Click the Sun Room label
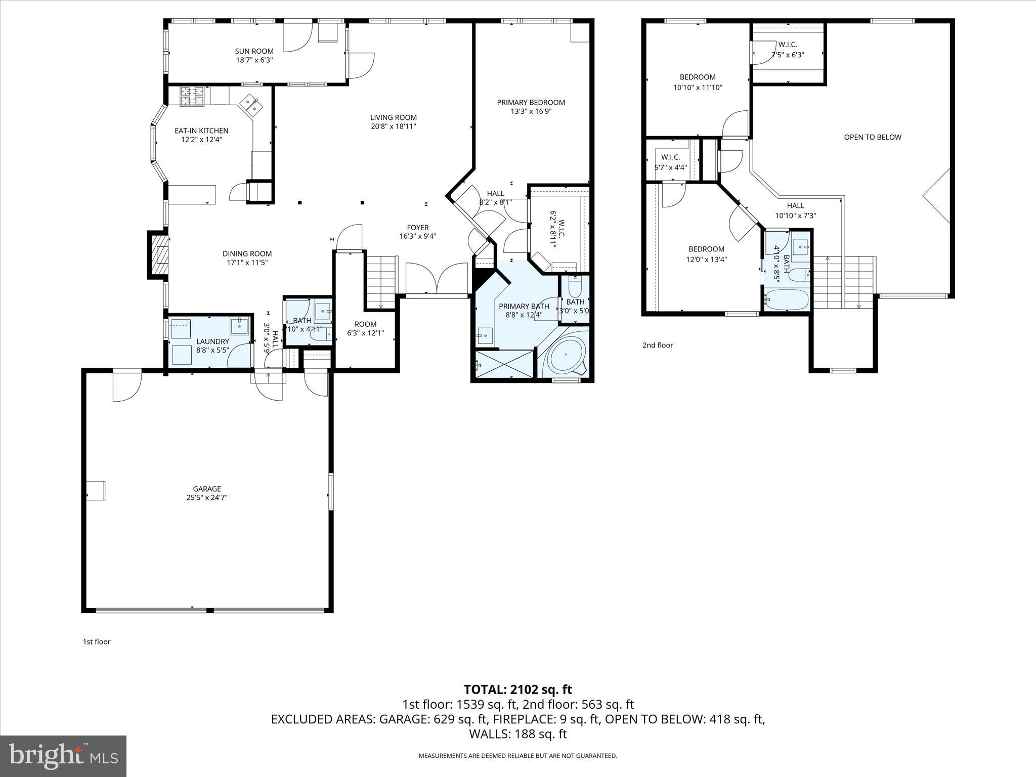tap(254, 51)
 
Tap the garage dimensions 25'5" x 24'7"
tap(206, 497)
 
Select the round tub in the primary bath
tap(567, 355)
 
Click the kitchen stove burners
tap(193, 96)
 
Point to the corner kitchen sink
tap(251, 106)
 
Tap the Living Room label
tap(393, 117)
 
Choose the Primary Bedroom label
tap(531, 102)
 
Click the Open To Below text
tap(872, 137)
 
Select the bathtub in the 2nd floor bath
tap(787, 299)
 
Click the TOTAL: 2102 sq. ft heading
tap(517, 689)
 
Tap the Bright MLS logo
tap(63, 756)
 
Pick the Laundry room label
tap(212, 341)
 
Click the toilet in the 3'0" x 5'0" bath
tap(575, 287)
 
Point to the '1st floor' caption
tap(96, 641)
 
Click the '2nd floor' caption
tap(658, 345)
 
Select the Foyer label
tap(417, 228)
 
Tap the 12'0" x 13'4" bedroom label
tap(706, 249)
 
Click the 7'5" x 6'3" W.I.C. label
tap(787, 45)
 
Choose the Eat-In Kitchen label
tap(201, 131)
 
